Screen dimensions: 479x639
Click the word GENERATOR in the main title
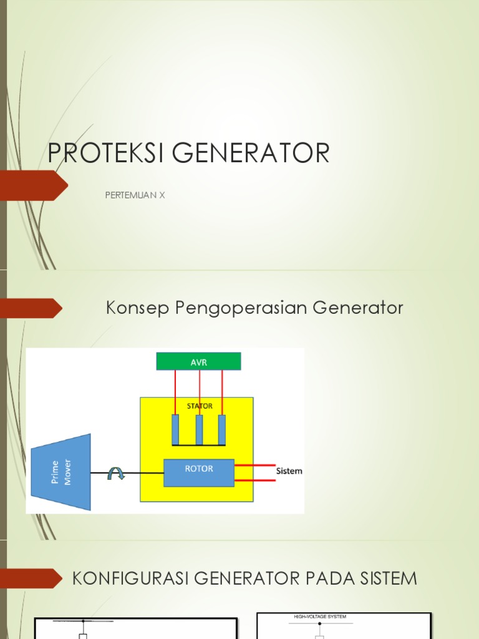[261, 153]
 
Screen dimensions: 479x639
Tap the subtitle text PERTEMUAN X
[135, 195]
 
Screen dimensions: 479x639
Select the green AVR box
[198, 361]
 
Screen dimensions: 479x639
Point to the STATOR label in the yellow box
[200, 406]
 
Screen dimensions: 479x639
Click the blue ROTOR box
[199, 472]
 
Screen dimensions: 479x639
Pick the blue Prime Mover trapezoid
[61, 472]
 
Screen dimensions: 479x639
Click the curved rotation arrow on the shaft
[117, 474]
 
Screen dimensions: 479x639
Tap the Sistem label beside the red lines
[289, 471]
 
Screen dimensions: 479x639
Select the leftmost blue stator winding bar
[175, 429]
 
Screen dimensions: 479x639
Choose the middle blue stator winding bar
[199, 429]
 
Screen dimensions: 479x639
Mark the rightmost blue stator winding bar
[221, 429]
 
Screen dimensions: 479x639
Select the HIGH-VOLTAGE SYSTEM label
[320, 617]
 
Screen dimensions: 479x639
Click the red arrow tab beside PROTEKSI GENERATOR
[34, 185]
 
